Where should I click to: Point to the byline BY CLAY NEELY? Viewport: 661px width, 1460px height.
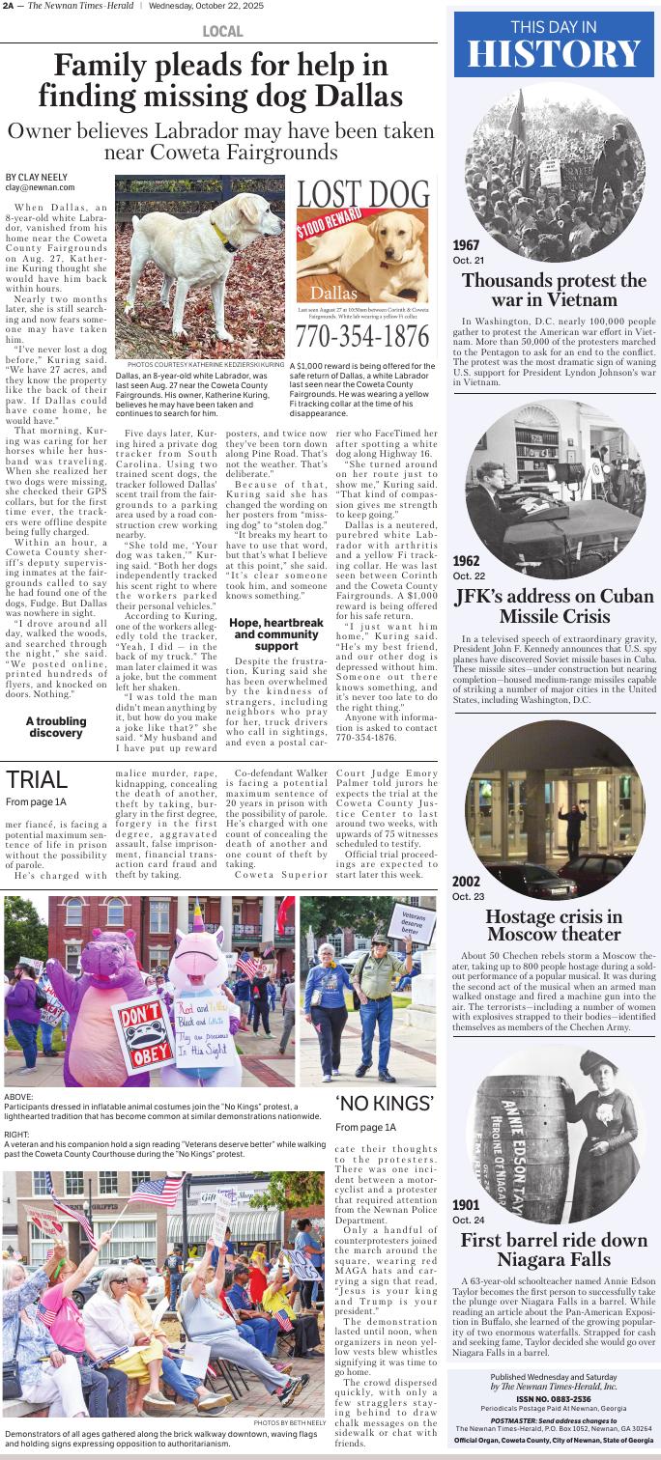coord(35,177)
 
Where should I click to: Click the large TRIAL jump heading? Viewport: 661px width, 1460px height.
coord(37,779)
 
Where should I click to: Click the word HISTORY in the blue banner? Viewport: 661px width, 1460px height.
coord(556,54)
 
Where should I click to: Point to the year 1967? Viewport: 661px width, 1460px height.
coord(468,246)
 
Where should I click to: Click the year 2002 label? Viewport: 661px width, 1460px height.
coord(468,880)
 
